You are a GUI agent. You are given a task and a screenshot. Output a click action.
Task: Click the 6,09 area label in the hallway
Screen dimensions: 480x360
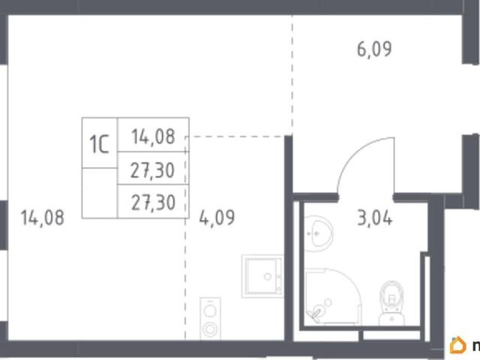[374, 49]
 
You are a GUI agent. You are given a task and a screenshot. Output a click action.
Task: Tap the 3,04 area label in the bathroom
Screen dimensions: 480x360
[375, 219]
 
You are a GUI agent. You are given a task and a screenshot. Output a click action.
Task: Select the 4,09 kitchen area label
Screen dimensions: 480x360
[217, 217]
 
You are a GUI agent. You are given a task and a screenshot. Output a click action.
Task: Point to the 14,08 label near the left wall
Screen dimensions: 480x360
[43, 217]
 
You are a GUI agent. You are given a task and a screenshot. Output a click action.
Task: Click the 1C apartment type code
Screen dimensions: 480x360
[99, 145]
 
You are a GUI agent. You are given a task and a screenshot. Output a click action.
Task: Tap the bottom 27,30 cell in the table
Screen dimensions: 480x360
[153, 202]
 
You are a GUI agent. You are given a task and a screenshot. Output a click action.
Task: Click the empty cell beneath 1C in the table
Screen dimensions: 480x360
[100, 193]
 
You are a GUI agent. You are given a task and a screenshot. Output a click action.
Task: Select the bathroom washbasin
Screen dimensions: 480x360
[318, 233]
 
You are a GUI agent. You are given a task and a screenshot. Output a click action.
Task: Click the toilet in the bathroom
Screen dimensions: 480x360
[391, 304]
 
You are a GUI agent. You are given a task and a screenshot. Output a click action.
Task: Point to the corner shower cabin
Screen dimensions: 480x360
[333, 296]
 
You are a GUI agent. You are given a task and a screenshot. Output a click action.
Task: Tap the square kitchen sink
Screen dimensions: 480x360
[262, 276]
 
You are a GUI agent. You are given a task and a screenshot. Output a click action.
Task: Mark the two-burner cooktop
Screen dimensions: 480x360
[210, 318]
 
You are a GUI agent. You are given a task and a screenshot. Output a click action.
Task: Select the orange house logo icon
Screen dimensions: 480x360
[458, 345]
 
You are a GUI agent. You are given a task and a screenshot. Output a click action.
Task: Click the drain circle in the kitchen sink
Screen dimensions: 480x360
[268, 277]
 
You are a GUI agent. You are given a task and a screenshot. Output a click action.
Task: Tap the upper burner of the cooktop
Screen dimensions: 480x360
[210, 311]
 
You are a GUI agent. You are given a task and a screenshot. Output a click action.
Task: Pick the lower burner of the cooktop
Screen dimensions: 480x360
[210, 329]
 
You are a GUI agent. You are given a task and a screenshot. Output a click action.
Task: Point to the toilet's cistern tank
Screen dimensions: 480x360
[391, 319]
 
